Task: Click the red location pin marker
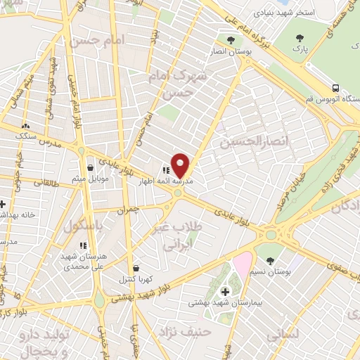click(181, 165)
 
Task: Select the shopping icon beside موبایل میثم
click(91, 168)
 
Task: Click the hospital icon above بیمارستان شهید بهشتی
click(225, 291)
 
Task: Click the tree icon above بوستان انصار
click(230, 39)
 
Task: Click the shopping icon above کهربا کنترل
click(135, 268)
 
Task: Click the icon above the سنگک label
click(27, 124)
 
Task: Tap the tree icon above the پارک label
click(300, 38)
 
